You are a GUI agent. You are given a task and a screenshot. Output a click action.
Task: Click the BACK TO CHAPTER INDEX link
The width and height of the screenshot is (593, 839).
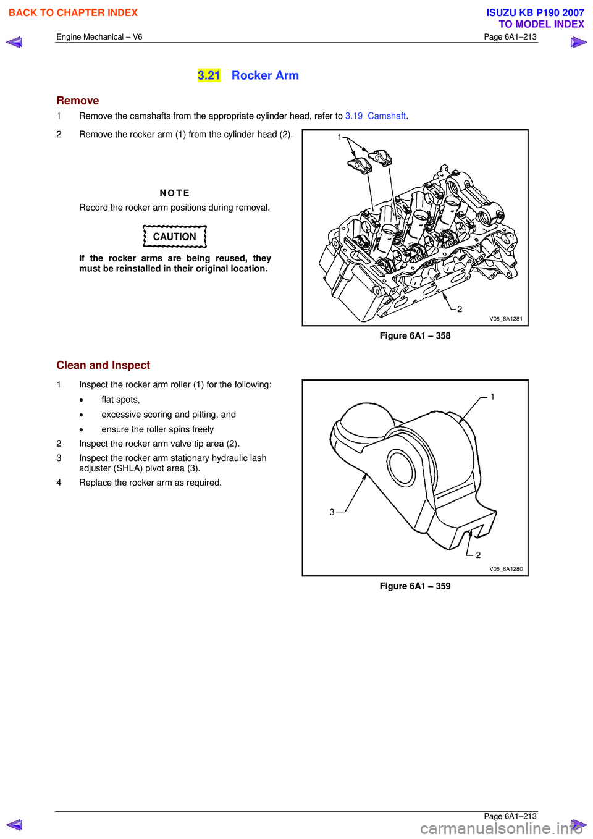(x=73, y=12)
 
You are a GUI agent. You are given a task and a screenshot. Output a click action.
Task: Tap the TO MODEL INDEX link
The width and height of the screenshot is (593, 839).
(x=541, y=24)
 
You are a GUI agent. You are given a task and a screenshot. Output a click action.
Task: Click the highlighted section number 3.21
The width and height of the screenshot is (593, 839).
(x=209, y=75)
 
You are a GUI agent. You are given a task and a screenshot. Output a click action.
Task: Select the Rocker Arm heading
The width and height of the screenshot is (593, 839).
(x=265, y=75)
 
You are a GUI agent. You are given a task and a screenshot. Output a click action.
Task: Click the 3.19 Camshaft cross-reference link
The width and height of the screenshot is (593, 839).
(x=376, y=116)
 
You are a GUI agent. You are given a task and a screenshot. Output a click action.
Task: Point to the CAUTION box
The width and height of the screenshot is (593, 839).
(x=175, y=237)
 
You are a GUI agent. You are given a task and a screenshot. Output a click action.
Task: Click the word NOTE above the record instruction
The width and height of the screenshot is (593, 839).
(x=175, y=193)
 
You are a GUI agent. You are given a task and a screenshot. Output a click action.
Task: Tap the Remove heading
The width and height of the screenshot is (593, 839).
(x=78, y=101)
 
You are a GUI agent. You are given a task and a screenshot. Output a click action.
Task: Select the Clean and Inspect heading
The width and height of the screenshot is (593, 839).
(x=103, y=365)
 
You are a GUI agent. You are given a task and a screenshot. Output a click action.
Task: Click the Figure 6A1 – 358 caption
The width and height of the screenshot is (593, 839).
(x=415, y=336)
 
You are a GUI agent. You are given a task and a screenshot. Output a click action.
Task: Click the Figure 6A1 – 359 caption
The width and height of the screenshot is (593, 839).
(x=415, y=586)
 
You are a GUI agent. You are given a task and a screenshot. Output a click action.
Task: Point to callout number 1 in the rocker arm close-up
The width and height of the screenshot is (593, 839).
(x=492, y=397)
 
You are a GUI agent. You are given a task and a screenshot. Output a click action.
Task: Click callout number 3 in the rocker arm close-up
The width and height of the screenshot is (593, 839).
(x=332, y=512)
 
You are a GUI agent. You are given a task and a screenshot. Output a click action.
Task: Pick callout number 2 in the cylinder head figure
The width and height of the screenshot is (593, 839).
(x=460, y=309)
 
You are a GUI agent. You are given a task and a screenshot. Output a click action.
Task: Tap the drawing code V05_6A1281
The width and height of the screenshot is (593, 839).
(x=506, y=319)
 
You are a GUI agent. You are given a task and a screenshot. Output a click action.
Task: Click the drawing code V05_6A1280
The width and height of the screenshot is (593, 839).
(x=506, y=569)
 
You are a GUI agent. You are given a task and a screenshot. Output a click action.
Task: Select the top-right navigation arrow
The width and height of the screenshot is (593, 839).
(x=579, y=42)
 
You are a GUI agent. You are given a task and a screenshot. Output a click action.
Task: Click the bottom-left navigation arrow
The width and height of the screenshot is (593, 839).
(x=14, y=825)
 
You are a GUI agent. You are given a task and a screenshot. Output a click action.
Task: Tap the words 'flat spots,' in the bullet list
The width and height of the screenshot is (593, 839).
(x=120, y=400)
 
